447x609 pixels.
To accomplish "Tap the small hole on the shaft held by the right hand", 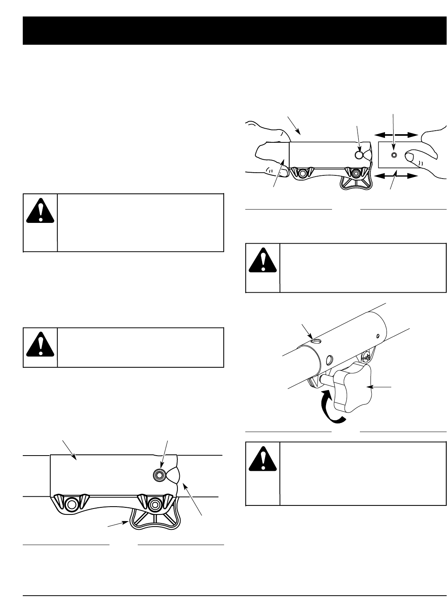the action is click(x=394, y=155).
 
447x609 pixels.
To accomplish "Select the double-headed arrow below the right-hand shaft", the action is click(x=396, y=177).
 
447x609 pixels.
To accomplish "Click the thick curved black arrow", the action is click(x=332, y=408).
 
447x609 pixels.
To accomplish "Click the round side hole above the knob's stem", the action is click(x=330, y=359).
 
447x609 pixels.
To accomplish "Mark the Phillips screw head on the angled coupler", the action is click(x=366, y=356).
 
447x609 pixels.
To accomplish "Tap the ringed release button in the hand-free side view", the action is click(x=159, y=475).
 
